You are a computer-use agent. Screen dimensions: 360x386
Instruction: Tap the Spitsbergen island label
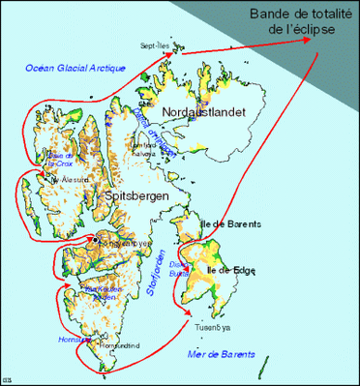(134, 195)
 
